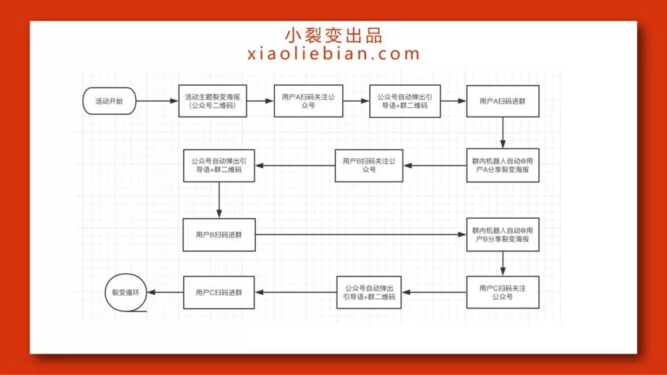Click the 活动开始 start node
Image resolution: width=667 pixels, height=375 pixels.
click(x=109, y=101)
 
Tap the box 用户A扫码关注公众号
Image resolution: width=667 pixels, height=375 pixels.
click(x=308, y=101)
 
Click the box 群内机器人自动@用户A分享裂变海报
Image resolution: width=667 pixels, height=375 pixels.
click(x=503, y=165)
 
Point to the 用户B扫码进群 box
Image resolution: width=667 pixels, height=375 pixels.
click(x=219, y=234)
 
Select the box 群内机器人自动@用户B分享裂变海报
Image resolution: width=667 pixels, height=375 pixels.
click(x=503, y=234)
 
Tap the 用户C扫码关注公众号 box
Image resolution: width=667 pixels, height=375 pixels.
click(x=503, y=292)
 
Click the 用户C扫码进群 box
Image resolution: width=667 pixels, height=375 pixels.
click(x=219, y=292)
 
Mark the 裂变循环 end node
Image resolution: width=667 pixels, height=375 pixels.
click(x=125, y=293)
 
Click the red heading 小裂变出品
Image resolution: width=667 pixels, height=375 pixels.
click(x=333, y=35)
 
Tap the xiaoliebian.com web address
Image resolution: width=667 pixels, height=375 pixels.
click(x=333, y=54)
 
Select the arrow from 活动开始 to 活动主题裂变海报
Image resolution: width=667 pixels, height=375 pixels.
click(x=156, y=101)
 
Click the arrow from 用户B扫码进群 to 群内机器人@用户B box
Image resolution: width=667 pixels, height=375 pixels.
click(x=361, y=234)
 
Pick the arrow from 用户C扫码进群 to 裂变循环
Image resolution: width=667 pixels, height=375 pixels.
click(x=166, y=292)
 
